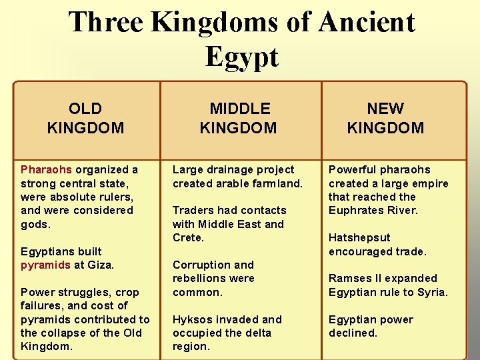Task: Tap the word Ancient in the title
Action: pyautogui.click(x=367, y=22)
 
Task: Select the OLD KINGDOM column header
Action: pyautogui.click(x=86, y=118)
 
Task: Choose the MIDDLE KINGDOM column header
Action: pyautogui.click(x=239, y=118)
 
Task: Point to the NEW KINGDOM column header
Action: pyautogui.click(x=385, y=118)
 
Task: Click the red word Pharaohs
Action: pyautogui.click(x=47, y=170)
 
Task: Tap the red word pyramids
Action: pyautogui.click(x=45, y=265)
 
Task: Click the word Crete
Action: pyautogui.click(x=187, y=238)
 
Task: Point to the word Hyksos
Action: pyautogui.click(x=192, y=319)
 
